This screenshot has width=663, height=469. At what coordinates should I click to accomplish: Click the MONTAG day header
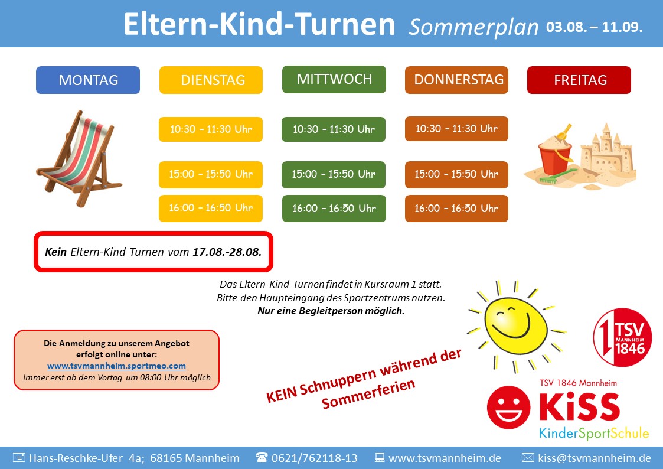[88, 80]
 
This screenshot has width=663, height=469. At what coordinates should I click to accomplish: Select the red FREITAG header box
[579, 80]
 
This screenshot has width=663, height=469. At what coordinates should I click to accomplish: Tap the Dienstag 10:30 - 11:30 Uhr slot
[211, 129]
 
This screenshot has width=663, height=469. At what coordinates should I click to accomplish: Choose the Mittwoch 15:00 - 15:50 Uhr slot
[334, 174]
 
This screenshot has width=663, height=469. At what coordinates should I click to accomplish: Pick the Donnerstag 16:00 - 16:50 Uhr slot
[456, 208]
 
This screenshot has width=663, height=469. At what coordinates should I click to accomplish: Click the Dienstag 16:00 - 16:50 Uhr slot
[211, 208]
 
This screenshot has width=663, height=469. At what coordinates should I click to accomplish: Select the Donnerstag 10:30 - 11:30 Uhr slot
[456, 129]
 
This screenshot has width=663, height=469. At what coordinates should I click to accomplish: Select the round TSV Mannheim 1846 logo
[622, 337]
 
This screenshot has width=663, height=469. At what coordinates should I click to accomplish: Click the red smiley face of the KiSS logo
[509, 407]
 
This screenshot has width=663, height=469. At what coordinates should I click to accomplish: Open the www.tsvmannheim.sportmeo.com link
[116, 366]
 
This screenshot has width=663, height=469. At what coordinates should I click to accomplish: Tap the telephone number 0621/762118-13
[314, 458]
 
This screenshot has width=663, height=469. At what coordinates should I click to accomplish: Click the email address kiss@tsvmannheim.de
[595, 458]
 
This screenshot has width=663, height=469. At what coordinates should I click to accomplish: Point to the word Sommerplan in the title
[473, 27]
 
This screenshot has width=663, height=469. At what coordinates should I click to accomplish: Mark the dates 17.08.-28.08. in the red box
[227, 252]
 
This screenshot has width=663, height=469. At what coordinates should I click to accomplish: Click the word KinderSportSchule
[594, 433]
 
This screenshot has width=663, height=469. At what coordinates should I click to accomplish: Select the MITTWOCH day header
[334, 79]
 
